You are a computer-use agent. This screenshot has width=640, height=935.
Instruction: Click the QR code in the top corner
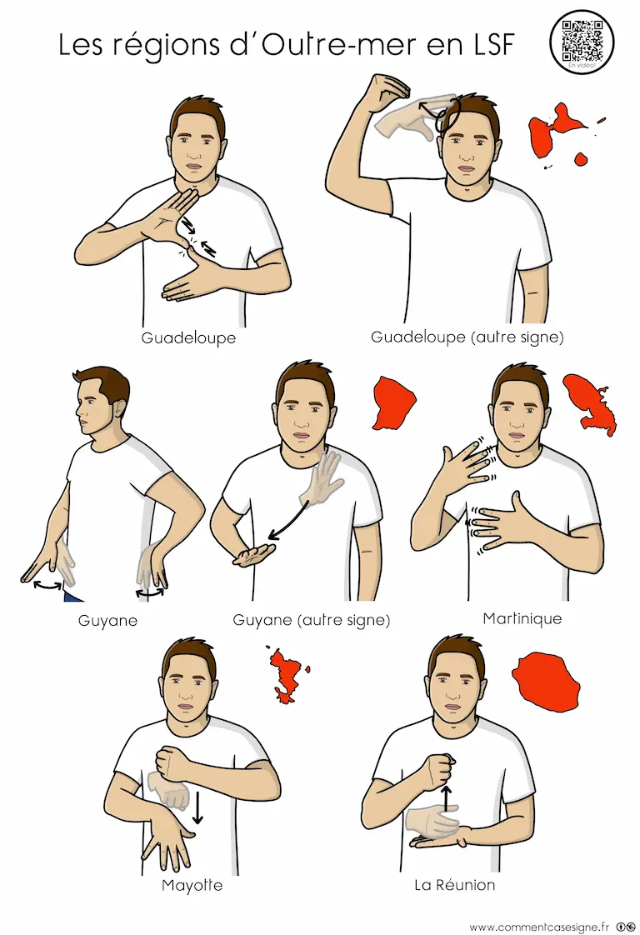[x=582, y=41]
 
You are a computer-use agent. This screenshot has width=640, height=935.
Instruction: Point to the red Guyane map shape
[x=393, y=402]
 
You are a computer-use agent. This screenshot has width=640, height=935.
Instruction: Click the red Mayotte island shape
[x=287, y=674]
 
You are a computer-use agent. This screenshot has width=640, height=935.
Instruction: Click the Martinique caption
[x=522, y=618]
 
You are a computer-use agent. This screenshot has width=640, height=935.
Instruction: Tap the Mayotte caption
[x=192, y=885]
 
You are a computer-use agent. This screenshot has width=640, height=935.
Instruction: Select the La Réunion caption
[x=454, y=884]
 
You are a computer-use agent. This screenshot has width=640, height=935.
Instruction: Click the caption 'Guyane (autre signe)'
[x=312, y=620]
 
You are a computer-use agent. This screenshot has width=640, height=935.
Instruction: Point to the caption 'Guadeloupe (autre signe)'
[x=467, y=337]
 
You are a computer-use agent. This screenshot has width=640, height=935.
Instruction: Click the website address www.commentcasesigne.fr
[x=539, y=927]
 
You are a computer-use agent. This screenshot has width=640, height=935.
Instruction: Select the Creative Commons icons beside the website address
[x=625, y=927]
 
